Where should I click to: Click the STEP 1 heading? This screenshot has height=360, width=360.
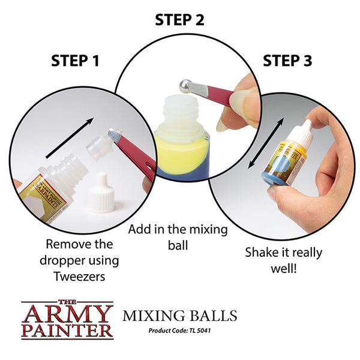75,61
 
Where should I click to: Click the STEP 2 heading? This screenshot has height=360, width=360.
179,19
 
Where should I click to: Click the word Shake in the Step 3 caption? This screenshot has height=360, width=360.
261,252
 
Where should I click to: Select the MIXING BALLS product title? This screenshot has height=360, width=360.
180,316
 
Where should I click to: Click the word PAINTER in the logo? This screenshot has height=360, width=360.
67,329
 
